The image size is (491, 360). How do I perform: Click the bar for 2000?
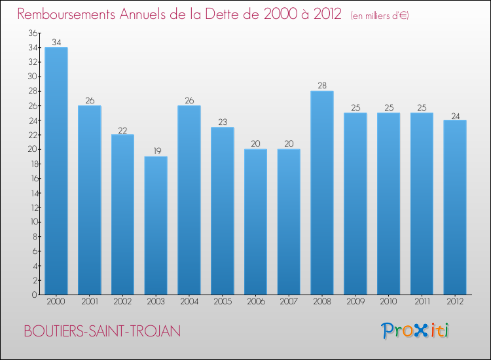(56, 171)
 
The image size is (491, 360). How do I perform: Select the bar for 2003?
(156, 225)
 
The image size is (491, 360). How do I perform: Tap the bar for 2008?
(322, 192)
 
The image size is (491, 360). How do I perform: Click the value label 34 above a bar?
(56, 43)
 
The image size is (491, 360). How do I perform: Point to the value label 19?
(156, 151)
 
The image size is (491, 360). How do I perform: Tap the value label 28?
(322, 86)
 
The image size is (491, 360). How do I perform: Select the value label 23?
(223, 122)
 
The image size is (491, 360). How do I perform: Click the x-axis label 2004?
(189, 302)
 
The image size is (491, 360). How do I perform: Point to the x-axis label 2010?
(388, 302)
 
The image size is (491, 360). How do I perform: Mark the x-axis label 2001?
(90, 302)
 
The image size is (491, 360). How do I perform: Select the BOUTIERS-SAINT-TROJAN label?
(102, 332)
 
